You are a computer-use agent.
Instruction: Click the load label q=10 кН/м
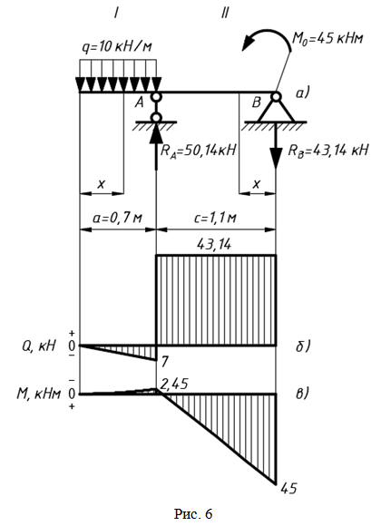pyautogui.click(x=116, y=46)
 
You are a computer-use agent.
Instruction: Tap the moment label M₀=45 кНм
pyautogui.click(x=328, y=39)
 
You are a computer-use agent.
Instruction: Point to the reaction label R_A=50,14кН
pyautogui.click(x=199, y=151)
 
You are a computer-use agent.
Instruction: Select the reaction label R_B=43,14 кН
pyautogui.click(x=328, y=150)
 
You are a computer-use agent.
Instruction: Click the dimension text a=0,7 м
pyautogui.click(x=118, y=218)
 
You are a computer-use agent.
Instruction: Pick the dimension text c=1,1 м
pyautogui.click(x=215, y=218)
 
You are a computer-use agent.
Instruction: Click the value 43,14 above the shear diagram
pyautogui.click(x=214, y=245)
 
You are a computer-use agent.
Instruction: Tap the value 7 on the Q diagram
pyautogui.click(x=164, y=362)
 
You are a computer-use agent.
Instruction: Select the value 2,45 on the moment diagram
pyautogui.click(x=173, y=384)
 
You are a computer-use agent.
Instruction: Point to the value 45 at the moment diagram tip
pyautogui.click(x=288, y=489)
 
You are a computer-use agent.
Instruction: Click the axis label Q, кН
pyautogui.click(x=39, y=346)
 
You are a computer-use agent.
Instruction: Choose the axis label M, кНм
pyautogui.click(x=39, y=394)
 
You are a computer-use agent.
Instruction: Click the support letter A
pyautogui.click(x=140, y=102)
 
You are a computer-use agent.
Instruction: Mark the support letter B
pyautogui.click(x=256, y=102)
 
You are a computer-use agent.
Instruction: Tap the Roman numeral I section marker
pyautogui.click(x=116, y=14)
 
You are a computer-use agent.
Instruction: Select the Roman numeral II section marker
pyautogui.click(x=225, y=14)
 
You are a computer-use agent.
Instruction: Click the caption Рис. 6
pyautogui.click(x=193, y=513)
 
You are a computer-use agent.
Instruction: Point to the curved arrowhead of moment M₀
pyautogui.click(x=249, y=42)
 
